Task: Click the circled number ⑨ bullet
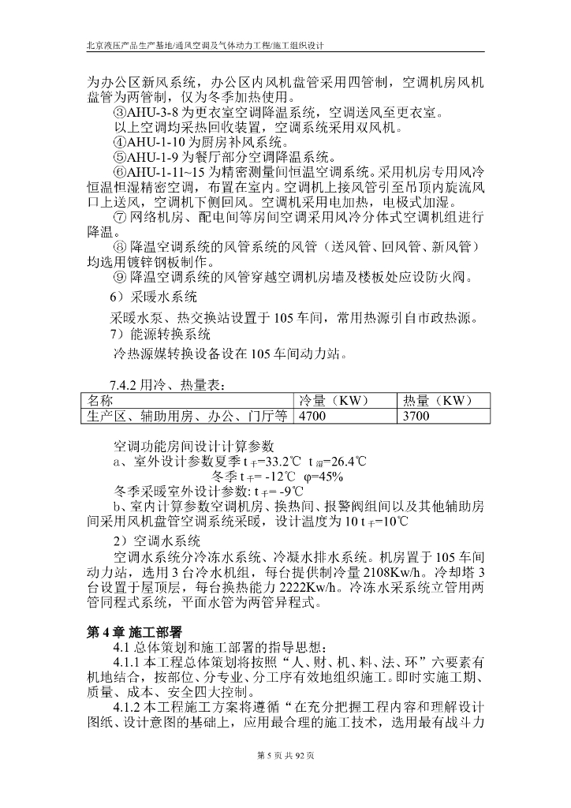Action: tap(120, 276)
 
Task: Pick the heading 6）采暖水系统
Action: tap(155, 297)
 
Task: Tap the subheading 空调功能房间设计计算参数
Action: tap(192, 445)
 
